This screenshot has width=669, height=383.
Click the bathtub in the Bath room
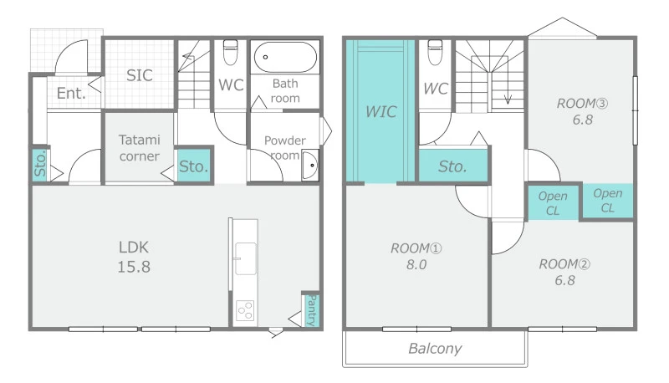(285, 57)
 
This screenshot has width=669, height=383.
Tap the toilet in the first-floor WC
(231, 52)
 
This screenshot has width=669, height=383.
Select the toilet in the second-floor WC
(435, 52)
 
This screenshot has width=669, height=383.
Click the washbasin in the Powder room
(310, 165)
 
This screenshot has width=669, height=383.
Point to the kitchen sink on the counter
(245, 258)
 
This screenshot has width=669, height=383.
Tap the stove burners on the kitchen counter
(245, 310)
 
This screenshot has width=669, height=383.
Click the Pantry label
(312, 310)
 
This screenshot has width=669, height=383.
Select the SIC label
(140, 75)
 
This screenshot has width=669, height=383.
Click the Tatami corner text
(140, 148)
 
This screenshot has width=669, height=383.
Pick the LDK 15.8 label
(134, 257)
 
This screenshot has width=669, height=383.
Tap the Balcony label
(435, 349)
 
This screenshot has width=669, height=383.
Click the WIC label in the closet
(381, 112)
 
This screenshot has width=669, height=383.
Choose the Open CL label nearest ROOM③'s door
(553, 203)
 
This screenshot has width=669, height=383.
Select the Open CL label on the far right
(608, 201)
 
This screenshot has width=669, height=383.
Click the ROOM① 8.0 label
(416, 257)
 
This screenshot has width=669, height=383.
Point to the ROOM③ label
(582, 104)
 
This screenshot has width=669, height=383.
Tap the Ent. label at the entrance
(71, 93)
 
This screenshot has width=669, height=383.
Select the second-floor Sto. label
(452, 166)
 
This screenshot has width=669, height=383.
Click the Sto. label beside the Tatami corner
(194, 166)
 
